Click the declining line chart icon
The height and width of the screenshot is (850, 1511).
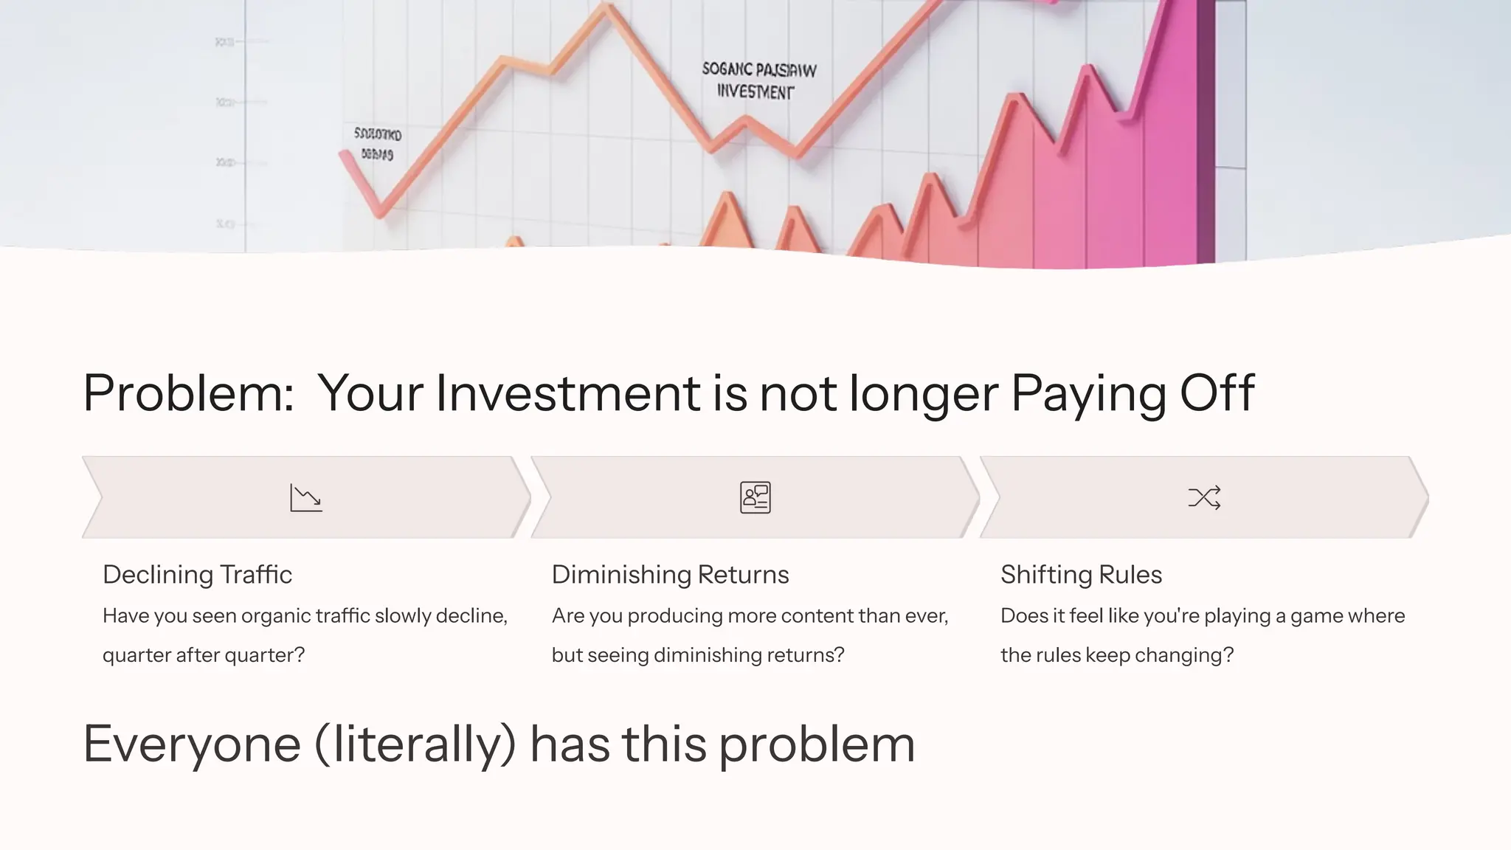pyautogui.click(x=306, y=497)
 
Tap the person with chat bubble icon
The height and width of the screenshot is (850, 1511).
pyautogui.click(x=755, y=497)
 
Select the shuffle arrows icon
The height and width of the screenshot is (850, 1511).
pyautogui.click(x=1204, y=497)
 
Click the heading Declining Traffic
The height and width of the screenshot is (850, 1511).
pyautogui.click(x=197, y=574)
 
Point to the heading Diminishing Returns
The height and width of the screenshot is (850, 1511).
pyautogui.click(x=670, y=574)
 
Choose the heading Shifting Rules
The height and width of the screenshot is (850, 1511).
pyautogui.click(x=1081, y=574)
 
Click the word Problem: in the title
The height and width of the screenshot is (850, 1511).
pyautogui.click(x=189, y=393)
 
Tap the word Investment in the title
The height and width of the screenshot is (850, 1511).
pyautogui.click(x=567, y=393)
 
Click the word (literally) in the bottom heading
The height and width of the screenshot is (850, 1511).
pyautogui.click(x=415, y=744)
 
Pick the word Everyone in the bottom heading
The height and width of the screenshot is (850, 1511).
pyautogui.click(x=192, y=744)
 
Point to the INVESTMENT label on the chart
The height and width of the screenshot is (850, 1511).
pyautogui.click(x=755, y=92)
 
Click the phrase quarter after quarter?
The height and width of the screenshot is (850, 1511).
pyautogui.click(x=204, y=654)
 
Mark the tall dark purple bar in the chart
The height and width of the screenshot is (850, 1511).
pyautogui.click(x=1206, y=133)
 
